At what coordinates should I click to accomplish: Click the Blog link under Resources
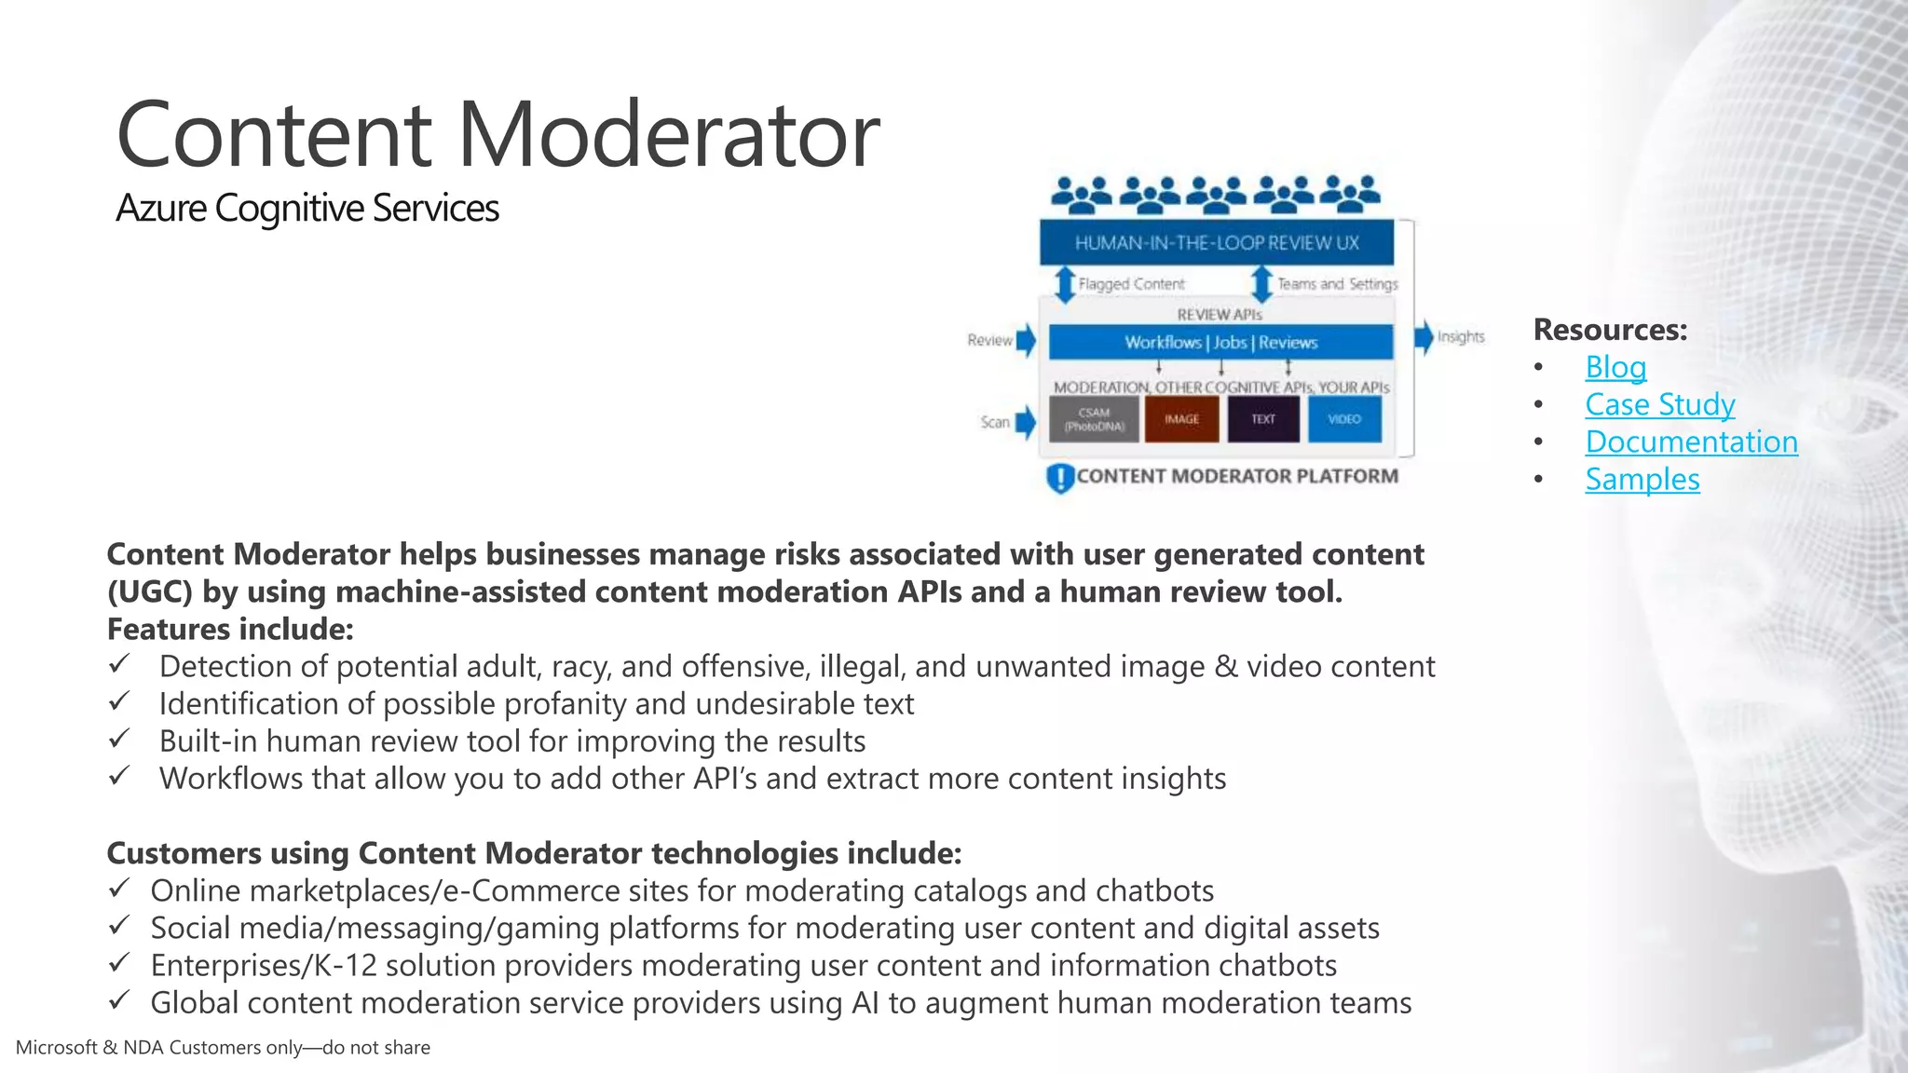(1615, 367)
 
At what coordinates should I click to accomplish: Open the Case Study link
(1659, 404)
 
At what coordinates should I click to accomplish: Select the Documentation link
(1691, 441)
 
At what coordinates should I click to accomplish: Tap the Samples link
(1642, 479)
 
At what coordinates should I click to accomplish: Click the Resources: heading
(1610, 330)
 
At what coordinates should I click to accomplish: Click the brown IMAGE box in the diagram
(1181, 419)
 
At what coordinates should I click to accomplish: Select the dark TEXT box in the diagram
(1262, 419)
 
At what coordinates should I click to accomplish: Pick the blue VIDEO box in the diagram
(1343, 419)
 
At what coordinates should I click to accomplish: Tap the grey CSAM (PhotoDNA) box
(1094, 419)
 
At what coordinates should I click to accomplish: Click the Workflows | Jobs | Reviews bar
(1220, 342)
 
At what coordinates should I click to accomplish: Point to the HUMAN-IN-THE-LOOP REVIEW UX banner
(1217, 243)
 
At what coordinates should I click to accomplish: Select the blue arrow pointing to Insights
(1423, 337)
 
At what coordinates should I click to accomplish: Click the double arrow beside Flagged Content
(1064, 283)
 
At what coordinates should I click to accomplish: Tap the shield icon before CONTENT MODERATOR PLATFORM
(1060, 478)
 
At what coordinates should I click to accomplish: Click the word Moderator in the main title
(668, 135)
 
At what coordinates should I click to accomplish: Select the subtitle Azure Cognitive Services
(307, 208)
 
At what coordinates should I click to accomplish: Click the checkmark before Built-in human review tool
(118, 739)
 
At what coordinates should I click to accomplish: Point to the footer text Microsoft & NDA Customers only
(223, 1048)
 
